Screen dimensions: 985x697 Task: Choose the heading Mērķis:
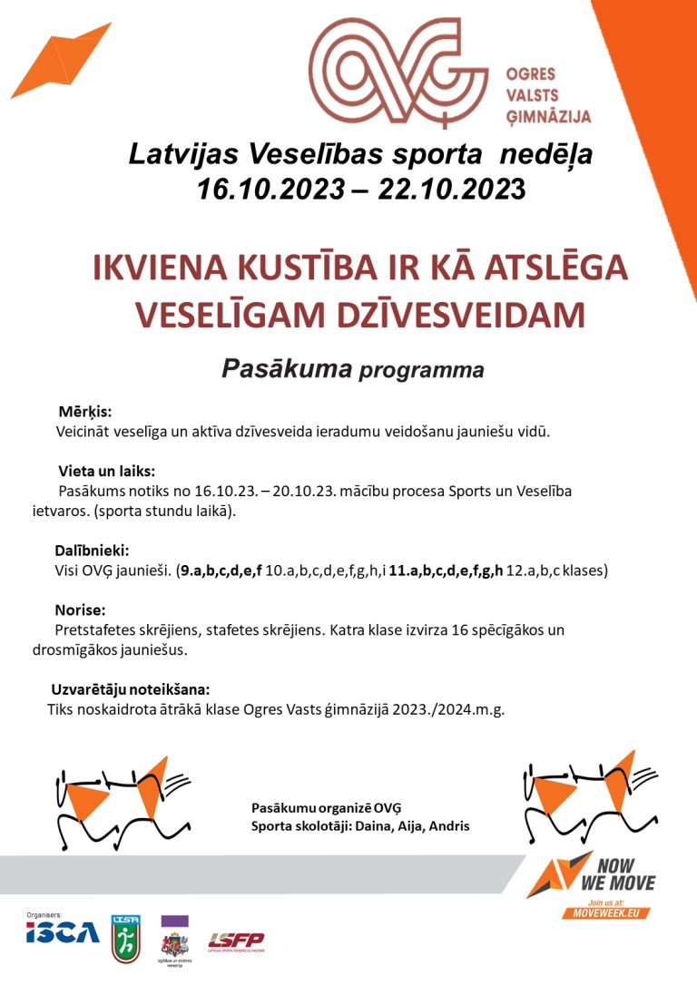tap(84, 413)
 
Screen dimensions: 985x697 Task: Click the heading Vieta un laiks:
tap(106, 472)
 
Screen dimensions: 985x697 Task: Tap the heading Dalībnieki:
tap(92, 550)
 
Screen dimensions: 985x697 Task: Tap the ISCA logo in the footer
tap(63, 931)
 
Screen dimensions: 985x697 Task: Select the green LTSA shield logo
tap(125, 938)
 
